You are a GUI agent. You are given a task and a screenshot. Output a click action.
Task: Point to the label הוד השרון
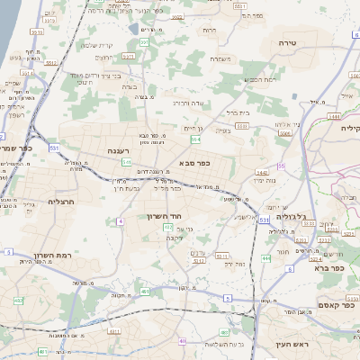pyautogui.click(x=164, y=217)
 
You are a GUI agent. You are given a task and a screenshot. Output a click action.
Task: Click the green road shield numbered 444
pyautogui.click(x=265, y=258)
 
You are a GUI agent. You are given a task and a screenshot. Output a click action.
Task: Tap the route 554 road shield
pyautogui.click(x=195, y=139)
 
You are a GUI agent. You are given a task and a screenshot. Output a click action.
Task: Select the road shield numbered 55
pyautogui.click(x=281, y=166)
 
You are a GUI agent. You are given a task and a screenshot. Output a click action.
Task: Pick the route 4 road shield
pyautogui.click(x=120, y=220)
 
